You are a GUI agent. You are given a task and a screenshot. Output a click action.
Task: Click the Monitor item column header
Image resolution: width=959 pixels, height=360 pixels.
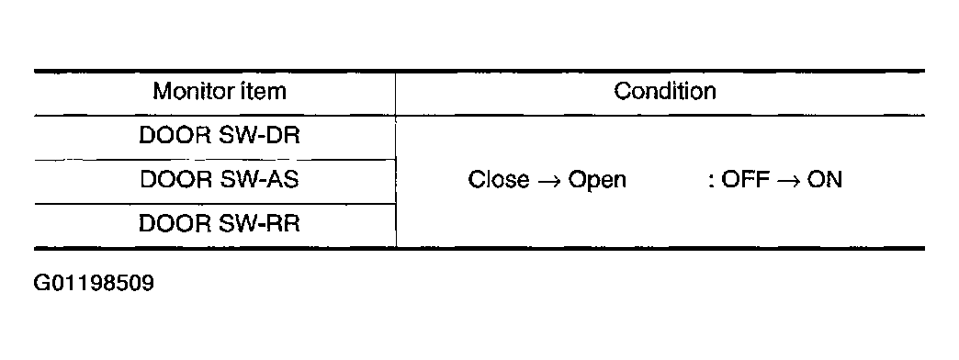[220, 92]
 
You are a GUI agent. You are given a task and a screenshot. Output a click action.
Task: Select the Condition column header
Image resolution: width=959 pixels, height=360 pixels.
[664, 92]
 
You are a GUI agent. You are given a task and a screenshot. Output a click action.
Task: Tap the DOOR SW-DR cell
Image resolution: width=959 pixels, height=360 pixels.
[220, 136]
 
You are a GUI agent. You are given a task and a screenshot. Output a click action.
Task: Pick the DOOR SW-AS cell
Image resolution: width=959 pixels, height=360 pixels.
[220, 180]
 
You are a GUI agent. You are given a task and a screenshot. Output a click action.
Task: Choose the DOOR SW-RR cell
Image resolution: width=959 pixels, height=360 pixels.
[220, 224]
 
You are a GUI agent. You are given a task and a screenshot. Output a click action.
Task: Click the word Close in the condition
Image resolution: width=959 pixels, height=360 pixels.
[499, 180]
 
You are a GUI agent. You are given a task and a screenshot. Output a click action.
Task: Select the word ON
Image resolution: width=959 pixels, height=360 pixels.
[824, 180]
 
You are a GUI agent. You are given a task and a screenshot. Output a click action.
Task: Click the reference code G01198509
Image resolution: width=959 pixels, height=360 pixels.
[94, 284]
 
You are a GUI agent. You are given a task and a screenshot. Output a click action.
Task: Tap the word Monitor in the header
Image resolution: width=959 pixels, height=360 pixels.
[188, 92]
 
